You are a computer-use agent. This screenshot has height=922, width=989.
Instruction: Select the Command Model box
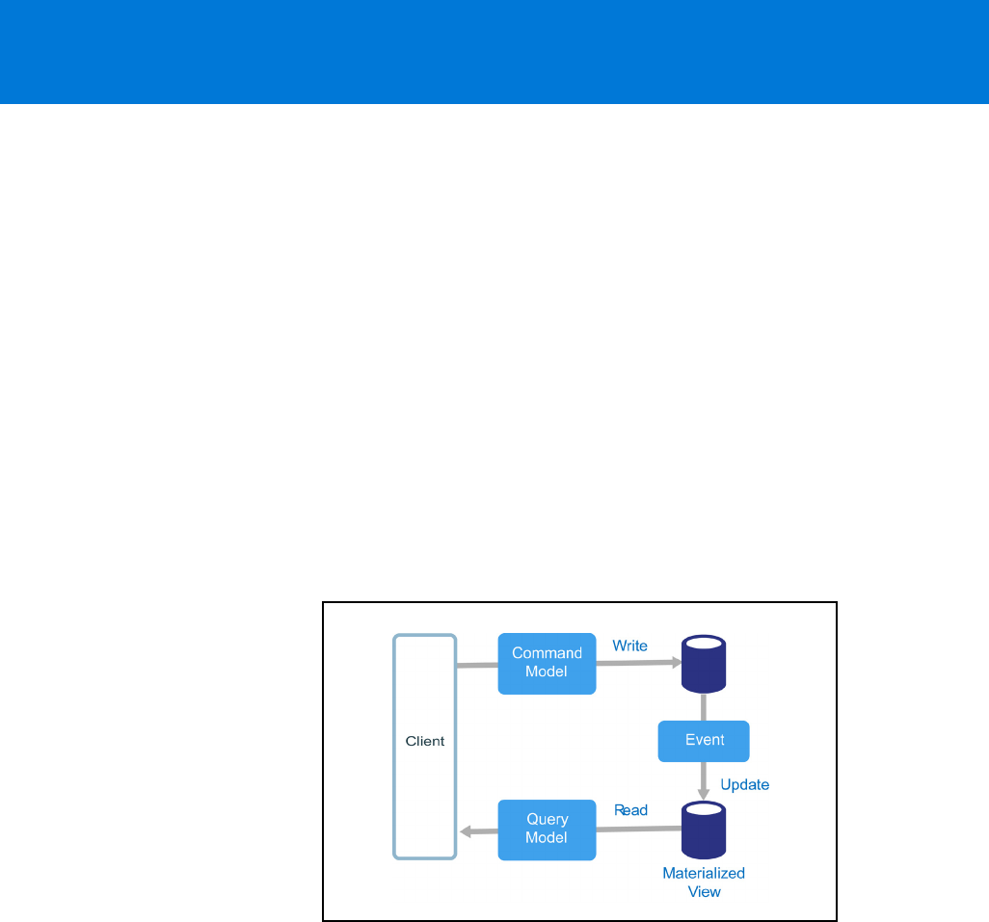(x=547, y=664)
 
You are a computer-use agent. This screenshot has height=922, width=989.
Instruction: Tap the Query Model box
(x=547, y=830)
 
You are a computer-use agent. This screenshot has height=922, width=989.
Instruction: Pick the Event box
(x=704, y=741)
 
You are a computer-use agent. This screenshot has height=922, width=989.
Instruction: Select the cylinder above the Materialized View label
(x=704, y=830)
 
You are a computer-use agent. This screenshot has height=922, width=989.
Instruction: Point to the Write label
(x=630, y=645)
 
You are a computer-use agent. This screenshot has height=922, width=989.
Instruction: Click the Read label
(x=630, y=810)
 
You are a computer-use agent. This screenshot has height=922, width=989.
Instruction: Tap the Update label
(x=745, y=784)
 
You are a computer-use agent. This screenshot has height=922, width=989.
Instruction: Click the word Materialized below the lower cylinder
(x=704, y=873)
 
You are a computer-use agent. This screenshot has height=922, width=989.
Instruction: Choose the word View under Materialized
(x=704, y=891)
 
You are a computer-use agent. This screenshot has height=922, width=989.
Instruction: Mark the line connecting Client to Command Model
(x=476, y=665)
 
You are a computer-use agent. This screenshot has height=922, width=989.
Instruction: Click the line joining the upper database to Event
(x=704, y=706)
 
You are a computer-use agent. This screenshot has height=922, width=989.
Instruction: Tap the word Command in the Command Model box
(x=547, y=653)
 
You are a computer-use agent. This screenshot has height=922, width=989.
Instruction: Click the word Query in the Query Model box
(x=547, y=820)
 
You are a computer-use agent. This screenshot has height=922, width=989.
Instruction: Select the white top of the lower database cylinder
(x=704, y=808)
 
